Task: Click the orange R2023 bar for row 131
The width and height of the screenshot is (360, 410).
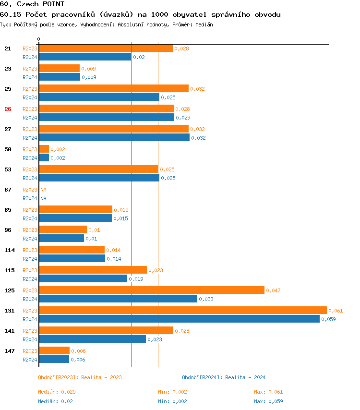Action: click(182, 310)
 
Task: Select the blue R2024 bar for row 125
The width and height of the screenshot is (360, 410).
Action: click(118, 299)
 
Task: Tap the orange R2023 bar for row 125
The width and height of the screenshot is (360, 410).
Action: click(151, 290)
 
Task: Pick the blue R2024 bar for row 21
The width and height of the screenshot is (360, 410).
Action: click(84, 57)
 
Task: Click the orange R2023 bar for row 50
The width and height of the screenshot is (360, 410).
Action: click(44, 149)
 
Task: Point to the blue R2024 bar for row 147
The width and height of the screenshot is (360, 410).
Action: click(54, 359)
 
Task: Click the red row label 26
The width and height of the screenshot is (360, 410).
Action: click(8, 109)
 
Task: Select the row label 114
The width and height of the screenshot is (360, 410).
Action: click(10, 250)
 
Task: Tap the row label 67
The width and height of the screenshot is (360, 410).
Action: click(8, 190)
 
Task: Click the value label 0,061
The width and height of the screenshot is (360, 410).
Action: click(336, 311)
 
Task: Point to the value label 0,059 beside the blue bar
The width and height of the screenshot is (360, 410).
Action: click(328, 319)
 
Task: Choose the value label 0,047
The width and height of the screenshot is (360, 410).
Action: click(273, 290)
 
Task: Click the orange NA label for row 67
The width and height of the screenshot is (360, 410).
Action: click(43, 190)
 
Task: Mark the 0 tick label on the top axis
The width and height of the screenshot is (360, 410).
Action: click(39, 39)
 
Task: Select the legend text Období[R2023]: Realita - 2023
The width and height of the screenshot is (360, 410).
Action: click(80, 377)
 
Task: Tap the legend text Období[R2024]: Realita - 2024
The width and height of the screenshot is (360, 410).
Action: click(224, 377)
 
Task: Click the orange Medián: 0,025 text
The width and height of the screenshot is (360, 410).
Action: click(57, 392)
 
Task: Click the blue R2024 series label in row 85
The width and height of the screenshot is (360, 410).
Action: click(30, 218)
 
